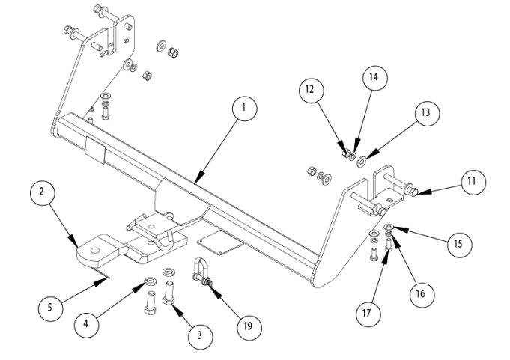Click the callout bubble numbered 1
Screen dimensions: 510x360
(x=245, y=109)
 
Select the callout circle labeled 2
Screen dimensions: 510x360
(x=42, y=192)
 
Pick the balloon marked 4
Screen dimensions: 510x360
(x=86, y=325)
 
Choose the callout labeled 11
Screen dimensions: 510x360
(x=473, y=182)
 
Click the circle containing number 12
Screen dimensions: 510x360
(x=312, y=90)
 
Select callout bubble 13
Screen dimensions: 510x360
(x=427, y=114)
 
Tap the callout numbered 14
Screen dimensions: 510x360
(x=375, y=78)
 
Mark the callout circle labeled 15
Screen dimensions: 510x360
(x=459, y=244)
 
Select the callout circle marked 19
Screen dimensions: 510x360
(x=249, y=326)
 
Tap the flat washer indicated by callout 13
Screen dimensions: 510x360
(x=362, y=161)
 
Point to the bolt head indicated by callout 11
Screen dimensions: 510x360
(x=412, y=192)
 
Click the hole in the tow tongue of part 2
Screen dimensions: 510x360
(x=95, y=251)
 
